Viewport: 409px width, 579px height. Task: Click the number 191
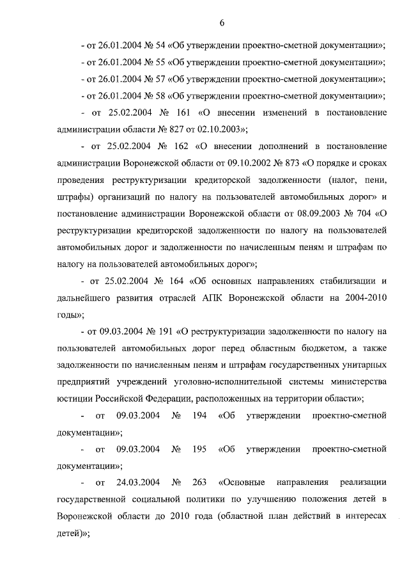pyautogui.click(x=168, y=331)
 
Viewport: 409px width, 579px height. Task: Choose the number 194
pyautogui.click(x=197, y=416)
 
